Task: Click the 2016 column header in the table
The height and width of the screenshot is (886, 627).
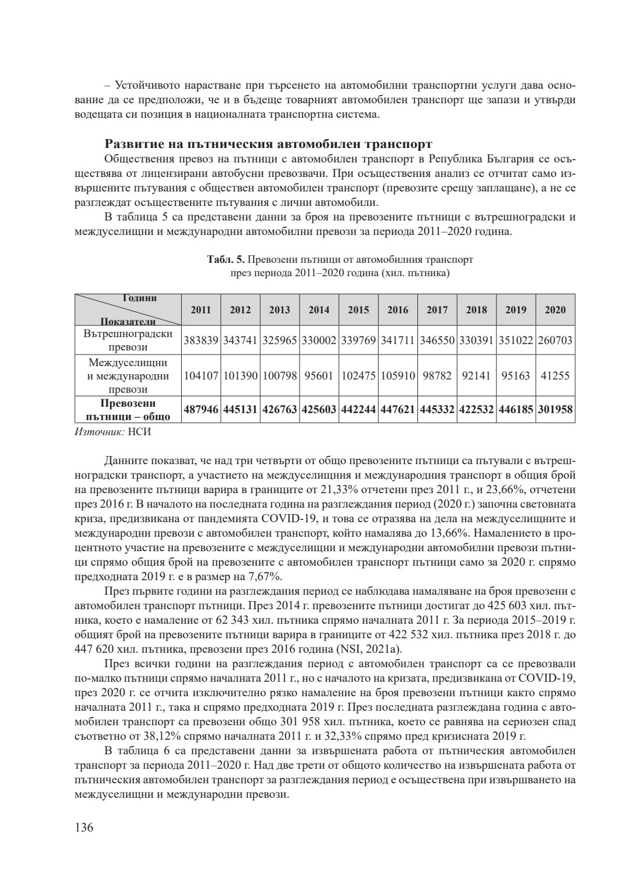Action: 398,310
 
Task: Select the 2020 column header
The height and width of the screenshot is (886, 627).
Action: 555,310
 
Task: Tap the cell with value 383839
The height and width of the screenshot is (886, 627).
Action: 201,341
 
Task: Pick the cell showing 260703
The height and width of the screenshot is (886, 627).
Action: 555,341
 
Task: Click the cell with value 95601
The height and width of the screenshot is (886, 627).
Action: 319,375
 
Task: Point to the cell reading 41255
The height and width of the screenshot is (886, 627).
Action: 555,375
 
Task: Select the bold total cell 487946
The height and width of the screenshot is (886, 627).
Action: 201,410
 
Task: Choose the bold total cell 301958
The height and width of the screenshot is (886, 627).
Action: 555,410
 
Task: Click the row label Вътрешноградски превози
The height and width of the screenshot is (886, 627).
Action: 128,341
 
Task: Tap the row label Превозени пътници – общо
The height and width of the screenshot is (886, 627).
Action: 128,410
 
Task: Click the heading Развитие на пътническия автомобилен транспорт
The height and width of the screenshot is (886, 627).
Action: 268,143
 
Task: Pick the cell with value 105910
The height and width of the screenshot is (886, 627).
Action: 398,375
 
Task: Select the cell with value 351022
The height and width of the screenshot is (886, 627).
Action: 516,341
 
